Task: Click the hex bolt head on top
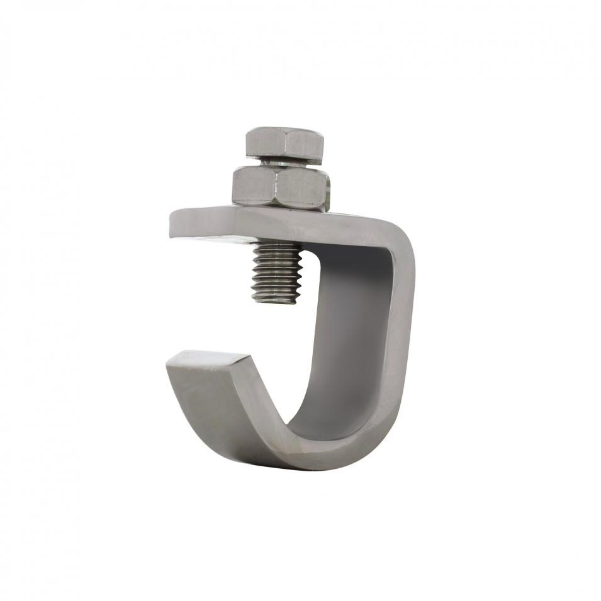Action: pos(284,145)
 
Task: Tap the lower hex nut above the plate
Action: pos(281,188)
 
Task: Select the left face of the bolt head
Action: pos(261,145)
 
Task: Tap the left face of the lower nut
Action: pos(253,186)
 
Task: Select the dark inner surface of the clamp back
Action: pos(352,327)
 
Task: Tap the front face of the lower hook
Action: pos(214,409)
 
